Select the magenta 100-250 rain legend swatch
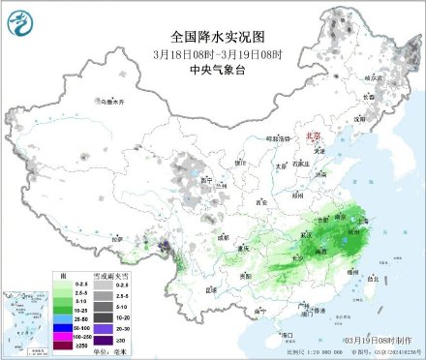click(x=67, y=336)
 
